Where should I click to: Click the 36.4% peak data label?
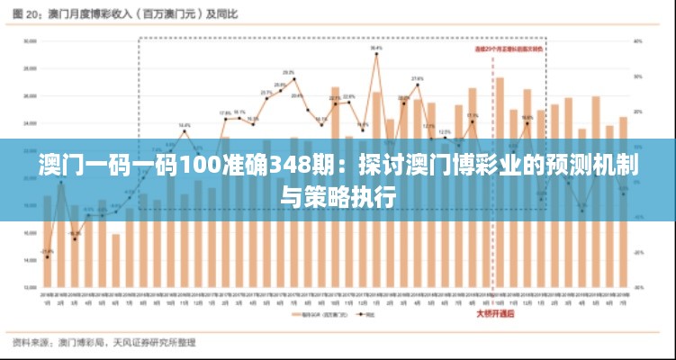376,48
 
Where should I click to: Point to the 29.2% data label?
289,72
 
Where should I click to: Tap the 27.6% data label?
418,79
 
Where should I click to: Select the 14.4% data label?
185,125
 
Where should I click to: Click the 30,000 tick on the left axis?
30,40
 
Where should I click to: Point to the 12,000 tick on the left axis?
30,287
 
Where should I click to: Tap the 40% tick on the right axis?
638,40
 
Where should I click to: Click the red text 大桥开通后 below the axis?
498,314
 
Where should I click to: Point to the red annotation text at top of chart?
509,49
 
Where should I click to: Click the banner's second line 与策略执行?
338,195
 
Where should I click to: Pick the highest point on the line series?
376,55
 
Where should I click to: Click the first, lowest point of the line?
47,257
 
